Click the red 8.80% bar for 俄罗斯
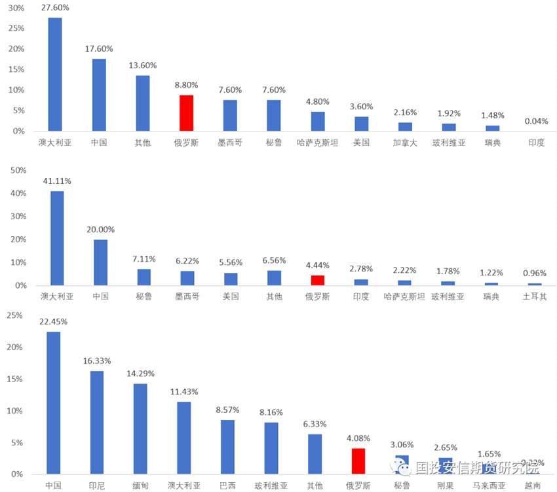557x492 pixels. [x=186, y=113]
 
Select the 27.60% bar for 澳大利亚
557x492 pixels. [x=55, y=74]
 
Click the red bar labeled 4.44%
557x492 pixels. [x=317, y=280]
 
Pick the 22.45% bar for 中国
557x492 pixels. [x=53, y=402]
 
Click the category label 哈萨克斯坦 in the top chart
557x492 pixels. [x=317, y=142]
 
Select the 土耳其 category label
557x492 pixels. [x=535, y=296]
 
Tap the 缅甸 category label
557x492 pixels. [x=140, y=485]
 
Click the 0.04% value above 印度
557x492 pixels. [x=536, y=121]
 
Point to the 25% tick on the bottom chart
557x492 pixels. [x=14, y=315]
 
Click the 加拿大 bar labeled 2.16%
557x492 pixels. [x=405, y=126]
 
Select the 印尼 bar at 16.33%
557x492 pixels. [x=96, y=422]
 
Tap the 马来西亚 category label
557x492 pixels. [x=489, y=485]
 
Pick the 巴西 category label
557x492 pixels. [x=227, y=485]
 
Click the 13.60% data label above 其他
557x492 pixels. [x=143, y=65]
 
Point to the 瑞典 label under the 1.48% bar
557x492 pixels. [x=492, y=142]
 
